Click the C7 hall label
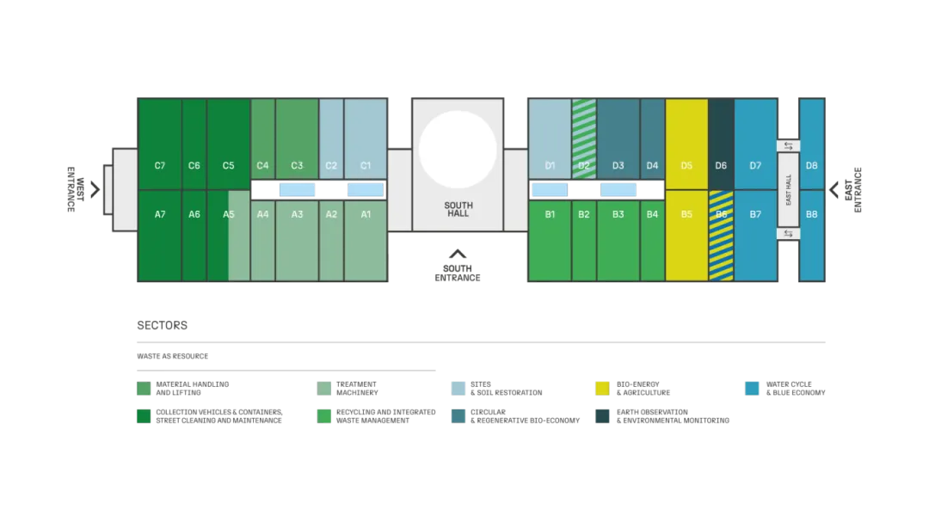[160, 165]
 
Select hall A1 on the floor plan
[366, 214]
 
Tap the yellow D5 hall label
[686, 165]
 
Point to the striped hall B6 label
[721, 214]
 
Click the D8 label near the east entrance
[812, 165]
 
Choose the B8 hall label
[812, 214]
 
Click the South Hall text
[458, 209]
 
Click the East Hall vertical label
[789, 190]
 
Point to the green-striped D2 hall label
[584, 165]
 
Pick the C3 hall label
[297, 165]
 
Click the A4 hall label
[262, 214]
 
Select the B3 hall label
[618, 214]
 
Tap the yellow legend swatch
[602, 389]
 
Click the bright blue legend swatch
[752, 389]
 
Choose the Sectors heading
[162, 325]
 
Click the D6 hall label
[721, 165]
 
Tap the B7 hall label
[755, 214]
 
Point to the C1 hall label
[366, 165]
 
